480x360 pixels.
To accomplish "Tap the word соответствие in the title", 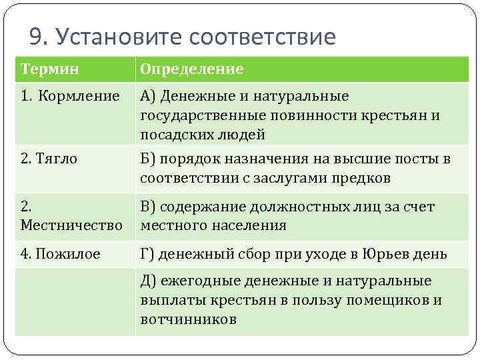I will pyautogui.click(x=263, y=36).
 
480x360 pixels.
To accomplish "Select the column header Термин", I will pyautogui.click(x=50, y=69).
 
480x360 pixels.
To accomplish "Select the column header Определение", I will pyautogui.click(x=191, y=69).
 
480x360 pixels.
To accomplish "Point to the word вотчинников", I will pyautogui.click(x=188, y=319).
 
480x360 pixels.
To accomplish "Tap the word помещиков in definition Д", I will pyautogui.click(x=385, y=300).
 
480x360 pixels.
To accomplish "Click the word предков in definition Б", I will pyautogui.click(x=364, y=178).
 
